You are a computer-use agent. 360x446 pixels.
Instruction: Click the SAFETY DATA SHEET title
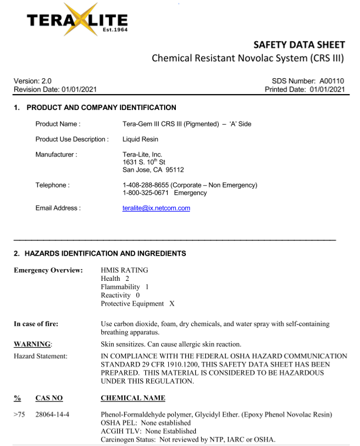298,45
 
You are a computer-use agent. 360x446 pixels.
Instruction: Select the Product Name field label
58,124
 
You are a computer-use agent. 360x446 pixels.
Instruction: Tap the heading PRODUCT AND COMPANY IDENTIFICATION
101,108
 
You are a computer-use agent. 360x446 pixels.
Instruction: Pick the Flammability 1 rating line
125,286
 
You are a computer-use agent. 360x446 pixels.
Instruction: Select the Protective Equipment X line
138,304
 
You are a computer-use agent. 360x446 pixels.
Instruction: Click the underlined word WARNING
32,343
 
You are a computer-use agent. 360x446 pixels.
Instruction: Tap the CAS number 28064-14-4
53,415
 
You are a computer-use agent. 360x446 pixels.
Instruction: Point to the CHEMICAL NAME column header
133,398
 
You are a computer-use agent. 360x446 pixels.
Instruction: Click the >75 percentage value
20,415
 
